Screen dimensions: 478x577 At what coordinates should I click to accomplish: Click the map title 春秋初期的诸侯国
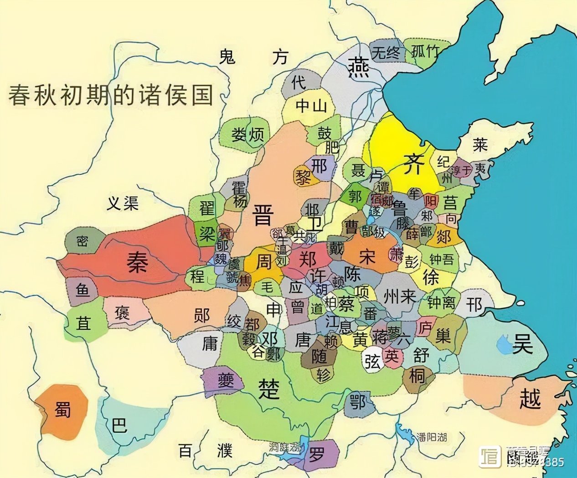(x=111, y=95)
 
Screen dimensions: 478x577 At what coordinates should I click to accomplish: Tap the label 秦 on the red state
(x=137, y=263)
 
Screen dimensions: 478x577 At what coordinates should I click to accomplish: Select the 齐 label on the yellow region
(x=414, y=163)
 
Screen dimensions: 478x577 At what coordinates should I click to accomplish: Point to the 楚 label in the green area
(x=269, y=388)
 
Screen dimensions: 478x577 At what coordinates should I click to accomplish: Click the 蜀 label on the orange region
(x=62, y=409)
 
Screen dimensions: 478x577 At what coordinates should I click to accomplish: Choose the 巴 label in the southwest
(x=119, y=425)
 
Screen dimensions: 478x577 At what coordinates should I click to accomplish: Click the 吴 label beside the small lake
(x=522, y=343)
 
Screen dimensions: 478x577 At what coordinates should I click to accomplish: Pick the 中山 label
(x=311, y=106)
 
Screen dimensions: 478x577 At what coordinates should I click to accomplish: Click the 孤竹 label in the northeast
(x=425, y=51)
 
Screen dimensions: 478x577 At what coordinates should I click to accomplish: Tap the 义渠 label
(x=123, y=203)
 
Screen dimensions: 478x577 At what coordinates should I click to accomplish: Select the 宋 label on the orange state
(x=367, y=256)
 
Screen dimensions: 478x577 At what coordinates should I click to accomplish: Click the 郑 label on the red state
(x=308, y=260)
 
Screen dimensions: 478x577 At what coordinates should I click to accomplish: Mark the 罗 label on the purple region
(x=316, y=454)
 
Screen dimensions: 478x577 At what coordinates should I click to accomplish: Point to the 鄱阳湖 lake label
(x=431, y=437)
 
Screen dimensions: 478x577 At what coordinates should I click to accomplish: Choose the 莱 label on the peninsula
(x=479, y=145)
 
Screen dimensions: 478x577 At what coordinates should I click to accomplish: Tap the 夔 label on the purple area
(x=225, y=379)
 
